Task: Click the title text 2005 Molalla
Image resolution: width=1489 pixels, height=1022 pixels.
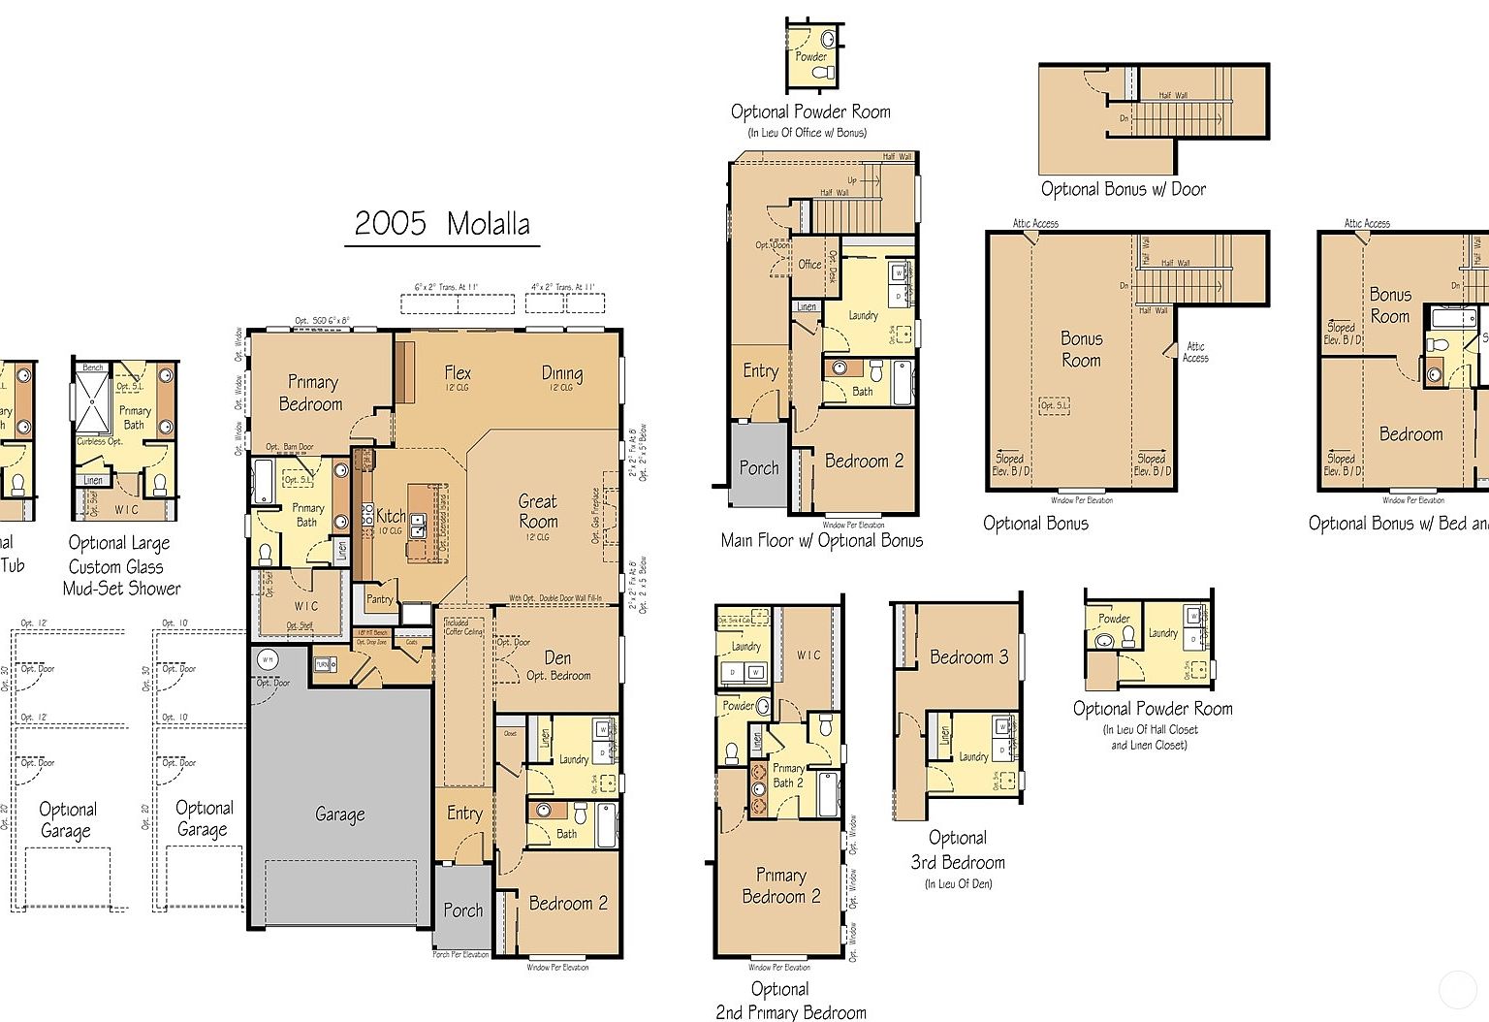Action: coord(442,224)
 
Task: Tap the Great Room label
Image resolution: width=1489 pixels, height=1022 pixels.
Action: coord(538,511)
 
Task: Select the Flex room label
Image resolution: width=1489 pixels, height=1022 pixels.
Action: coord(458,373)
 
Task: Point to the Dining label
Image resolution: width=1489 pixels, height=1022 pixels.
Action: coord(562,373)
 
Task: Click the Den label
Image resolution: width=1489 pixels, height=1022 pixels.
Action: coord(557,658)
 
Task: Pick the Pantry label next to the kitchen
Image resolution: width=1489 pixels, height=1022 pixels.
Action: coord(380,599)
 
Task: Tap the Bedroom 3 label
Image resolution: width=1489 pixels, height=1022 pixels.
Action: coord(968,657)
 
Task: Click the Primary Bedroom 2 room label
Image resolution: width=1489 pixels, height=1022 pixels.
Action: coord(781,885)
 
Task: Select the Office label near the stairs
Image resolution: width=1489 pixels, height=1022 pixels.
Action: coord(809,264)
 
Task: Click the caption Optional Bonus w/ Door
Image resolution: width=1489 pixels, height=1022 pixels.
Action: coord(1123,189)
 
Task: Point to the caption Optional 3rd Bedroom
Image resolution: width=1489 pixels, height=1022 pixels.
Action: coord(958,850)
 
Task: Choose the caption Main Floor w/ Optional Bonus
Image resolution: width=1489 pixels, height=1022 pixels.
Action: coord(822,540)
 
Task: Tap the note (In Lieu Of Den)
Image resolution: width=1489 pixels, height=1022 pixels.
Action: coord(958,883)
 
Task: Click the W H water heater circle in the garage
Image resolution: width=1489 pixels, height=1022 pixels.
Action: coord(267,659)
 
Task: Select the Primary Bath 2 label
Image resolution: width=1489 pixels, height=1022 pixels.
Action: coord(788,775)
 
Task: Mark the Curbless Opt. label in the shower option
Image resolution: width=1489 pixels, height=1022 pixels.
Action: coord(100,441)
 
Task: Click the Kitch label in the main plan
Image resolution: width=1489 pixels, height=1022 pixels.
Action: coord(391,516)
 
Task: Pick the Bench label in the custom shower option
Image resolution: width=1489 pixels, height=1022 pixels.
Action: coord(93,367)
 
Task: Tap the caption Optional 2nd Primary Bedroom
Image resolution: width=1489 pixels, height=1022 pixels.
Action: coord(790,1001)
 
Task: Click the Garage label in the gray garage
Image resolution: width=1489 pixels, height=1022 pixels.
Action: coord(339,814)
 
